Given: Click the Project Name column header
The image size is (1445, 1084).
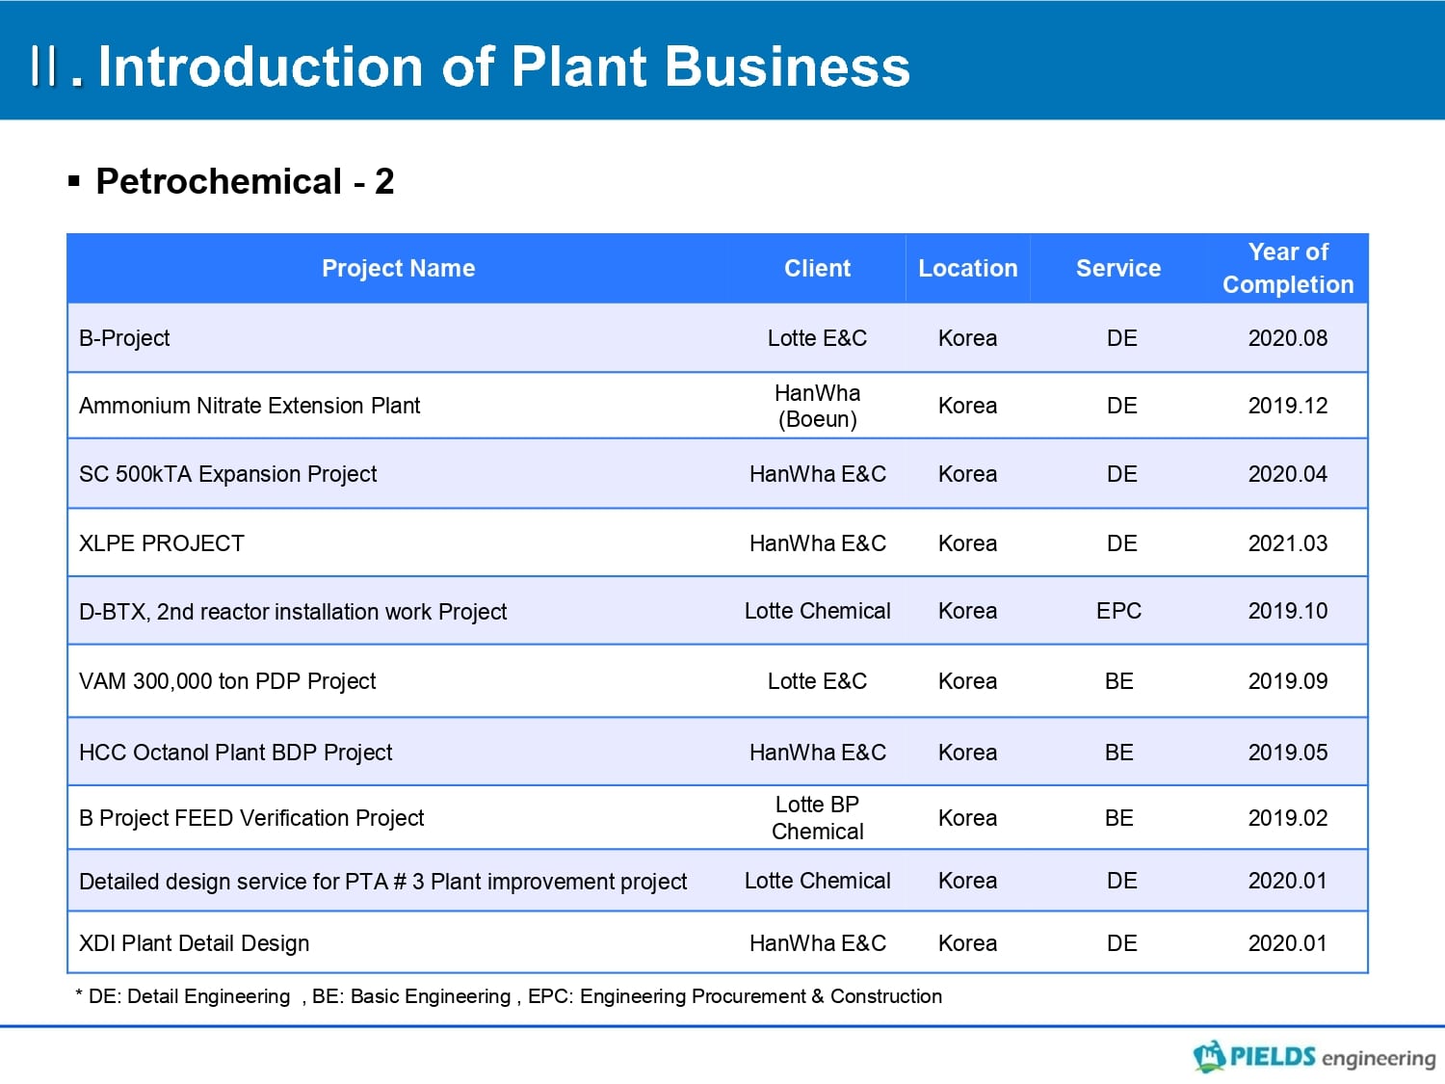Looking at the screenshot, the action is click(398, 268).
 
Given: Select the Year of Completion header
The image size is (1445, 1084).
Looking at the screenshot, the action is click(1288, 268).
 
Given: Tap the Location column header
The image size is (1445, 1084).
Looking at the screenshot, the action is click(968, 268).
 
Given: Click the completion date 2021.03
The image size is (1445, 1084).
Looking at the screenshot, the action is click(1288, 543).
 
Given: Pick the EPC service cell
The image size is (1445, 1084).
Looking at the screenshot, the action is click(1118, 611).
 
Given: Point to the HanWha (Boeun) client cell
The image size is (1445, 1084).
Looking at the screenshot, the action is click(817, 406).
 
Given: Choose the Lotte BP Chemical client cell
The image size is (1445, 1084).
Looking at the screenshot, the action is click(817, 817).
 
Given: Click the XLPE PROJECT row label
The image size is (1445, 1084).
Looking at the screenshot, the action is click(161, 543).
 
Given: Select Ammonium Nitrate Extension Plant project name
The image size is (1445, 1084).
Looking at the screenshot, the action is click(250, 406).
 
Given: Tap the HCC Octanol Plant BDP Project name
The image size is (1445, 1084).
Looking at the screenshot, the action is click(236, 753).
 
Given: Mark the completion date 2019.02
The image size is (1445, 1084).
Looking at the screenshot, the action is click(1288, 817).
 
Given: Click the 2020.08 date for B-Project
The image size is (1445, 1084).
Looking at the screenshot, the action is click(1288, 337).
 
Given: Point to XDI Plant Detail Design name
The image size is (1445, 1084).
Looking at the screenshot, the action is click(195, 943).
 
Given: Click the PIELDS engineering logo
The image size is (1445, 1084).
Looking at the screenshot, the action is click(1314, 1056).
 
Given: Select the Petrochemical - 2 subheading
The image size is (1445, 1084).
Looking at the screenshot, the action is click(245, 181).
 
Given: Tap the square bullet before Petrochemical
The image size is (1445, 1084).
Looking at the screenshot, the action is click(74, 181).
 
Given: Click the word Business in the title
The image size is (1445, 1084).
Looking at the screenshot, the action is click(787, 66).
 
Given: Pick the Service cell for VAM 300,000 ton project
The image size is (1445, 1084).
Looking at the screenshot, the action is click(1118, 680).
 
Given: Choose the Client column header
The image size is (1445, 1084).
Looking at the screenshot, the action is click(817, 268).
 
